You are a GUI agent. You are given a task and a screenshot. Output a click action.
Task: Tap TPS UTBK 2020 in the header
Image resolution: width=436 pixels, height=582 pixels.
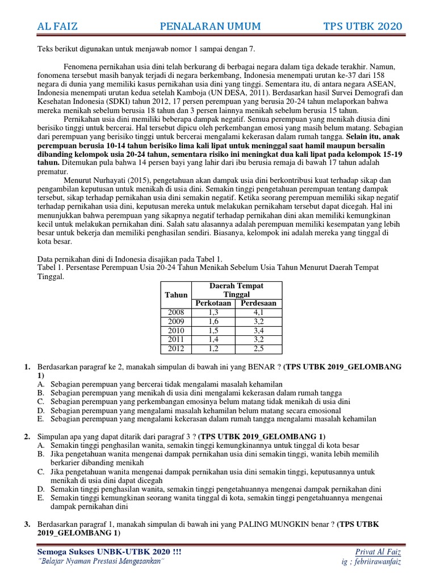(x=362, y=26)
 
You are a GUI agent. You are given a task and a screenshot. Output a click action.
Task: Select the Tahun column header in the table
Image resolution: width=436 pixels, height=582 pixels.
(x=175, y=294)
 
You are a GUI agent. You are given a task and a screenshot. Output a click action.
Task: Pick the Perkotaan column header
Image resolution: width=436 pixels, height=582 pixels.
(x=213, y=303)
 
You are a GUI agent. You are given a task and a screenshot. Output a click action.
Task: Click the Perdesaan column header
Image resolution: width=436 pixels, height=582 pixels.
(x=258, y=303)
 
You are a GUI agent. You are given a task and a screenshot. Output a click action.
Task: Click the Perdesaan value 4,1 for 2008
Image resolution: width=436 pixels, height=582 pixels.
(x=258, y=312)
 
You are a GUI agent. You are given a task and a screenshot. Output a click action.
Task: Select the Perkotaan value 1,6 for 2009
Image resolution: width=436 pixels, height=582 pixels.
(x=213, y=321)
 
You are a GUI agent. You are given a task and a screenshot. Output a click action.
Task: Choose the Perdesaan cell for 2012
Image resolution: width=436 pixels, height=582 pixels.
(x=258, y=348)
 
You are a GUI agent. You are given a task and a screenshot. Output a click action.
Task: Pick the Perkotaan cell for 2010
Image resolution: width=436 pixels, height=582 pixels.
(x=213, y=330)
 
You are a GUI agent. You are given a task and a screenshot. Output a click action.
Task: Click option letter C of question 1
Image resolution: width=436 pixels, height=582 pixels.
(x=41, y=401)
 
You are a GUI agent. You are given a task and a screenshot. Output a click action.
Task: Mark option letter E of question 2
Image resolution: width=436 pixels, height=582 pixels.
(x=41, y=497)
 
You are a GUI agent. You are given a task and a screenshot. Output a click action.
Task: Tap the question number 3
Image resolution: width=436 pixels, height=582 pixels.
(x=27, y=524)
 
